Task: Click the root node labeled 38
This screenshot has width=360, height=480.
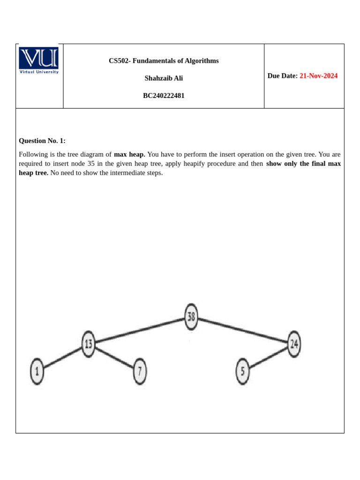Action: (191, 317)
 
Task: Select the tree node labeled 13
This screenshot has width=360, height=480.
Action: (88, 344)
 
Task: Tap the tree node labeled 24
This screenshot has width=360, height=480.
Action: (293, 344)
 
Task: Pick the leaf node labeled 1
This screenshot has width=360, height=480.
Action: (37, 372)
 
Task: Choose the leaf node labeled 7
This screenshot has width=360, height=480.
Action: (140, 371)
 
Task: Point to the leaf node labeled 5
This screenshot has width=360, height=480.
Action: (242, 371)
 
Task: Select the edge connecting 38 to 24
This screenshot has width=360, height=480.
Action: (242, 330)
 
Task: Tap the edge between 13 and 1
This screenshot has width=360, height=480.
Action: (63, 358)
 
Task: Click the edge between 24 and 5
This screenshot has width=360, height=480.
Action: (268, 358)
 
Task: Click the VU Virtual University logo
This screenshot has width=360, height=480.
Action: (39, 60)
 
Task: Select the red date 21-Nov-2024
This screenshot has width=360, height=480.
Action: (318, 76)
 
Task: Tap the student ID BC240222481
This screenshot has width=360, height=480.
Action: (164, 96)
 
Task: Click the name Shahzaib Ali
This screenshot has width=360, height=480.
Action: (164, 78)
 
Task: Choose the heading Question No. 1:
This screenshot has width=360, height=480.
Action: (42, 141)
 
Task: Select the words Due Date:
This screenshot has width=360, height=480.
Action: (282, 76)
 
